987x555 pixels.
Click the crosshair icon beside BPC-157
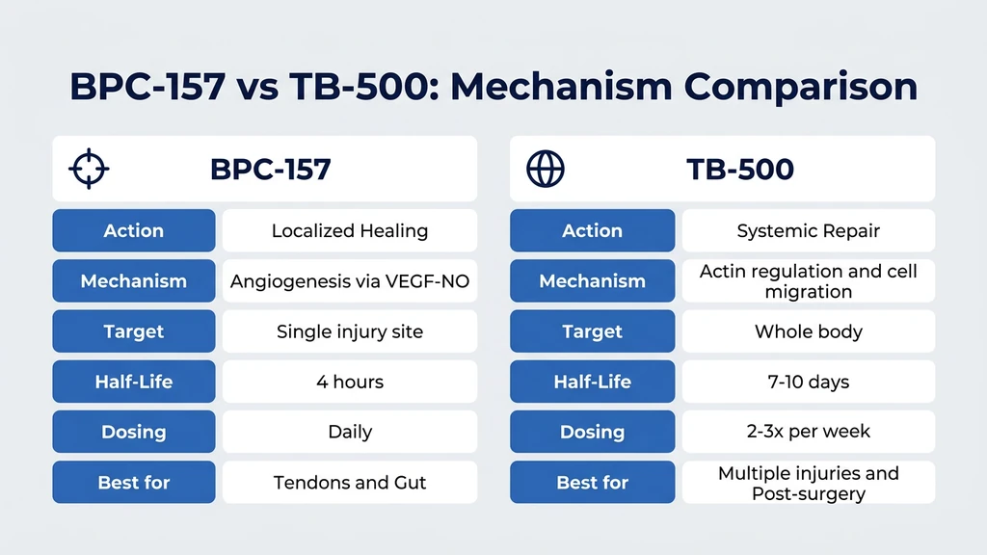[89, 169]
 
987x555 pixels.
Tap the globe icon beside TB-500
[546, 169]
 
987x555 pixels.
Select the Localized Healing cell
[349, 231]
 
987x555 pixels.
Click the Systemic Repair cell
[808, 231]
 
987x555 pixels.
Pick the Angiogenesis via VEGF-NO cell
[349, 281]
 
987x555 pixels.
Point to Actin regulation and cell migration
[808, 281]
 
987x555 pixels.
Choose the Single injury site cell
[349, 331]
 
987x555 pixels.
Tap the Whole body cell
[808, 331]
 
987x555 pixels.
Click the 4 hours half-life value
[349, 382]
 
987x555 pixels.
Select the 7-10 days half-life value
[808, 382]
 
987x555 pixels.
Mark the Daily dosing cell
[349, 432]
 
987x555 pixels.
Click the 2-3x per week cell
[808, 432]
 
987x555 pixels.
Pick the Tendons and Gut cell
[349, 482]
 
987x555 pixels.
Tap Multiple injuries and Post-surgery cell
[808, 483]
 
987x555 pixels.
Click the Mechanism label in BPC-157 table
[134, 281]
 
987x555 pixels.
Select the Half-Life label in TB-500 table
[592, 382]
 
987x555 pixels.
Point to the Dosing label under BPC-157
[134, 432]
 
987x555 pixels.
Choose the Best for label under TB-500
[592, 482]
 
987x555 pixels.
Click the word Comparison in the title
[801, 87]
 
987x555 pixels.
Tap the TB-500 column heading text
[739, 169]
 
